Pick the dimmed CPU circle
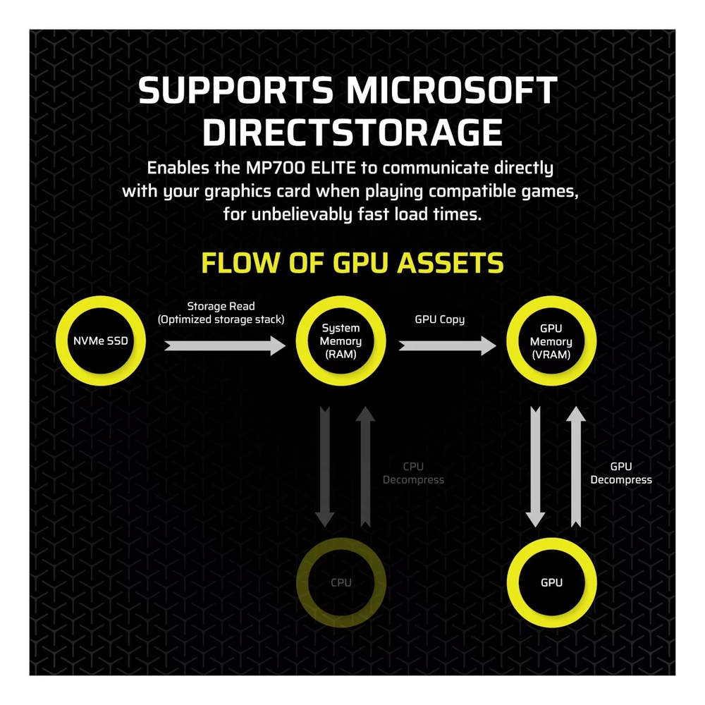[341, 582]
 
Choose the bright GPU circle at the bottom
[551, 582]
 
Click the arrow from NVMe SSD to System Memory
[224, 345]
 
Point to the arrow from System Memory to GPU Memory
[447, 345]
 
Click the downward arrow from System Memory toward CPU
[325, 465]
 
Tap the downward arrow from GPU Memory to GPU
[536, 465]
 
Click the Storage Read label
[221, 312]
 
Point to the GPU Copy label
[440, 319]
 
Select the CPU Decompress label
[413, 473]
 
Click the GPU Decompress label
[621, 473]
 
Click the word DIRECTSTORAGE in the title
[352, 133]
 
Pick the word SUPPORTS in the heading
[236, 92]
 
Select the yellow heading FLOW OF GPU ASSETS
[352, 262]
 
